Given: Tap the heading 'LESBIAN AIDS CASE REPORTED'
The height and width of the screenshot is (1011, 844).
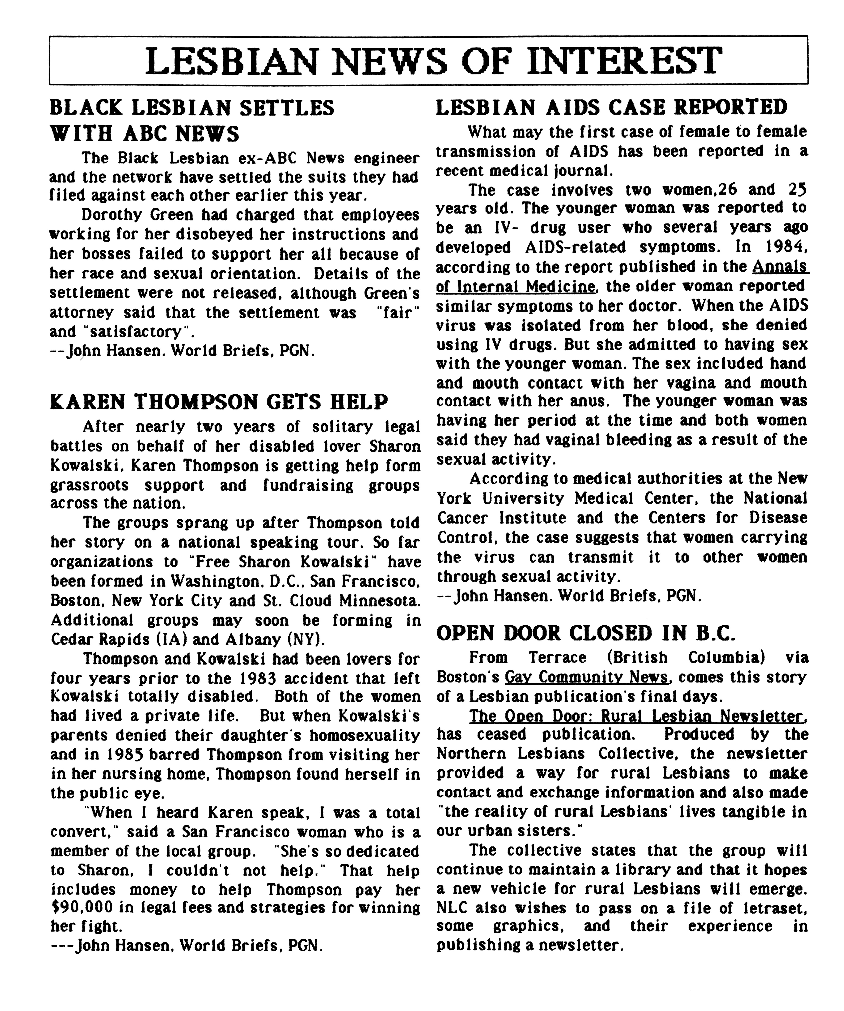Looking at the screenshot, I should [611, 107].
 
